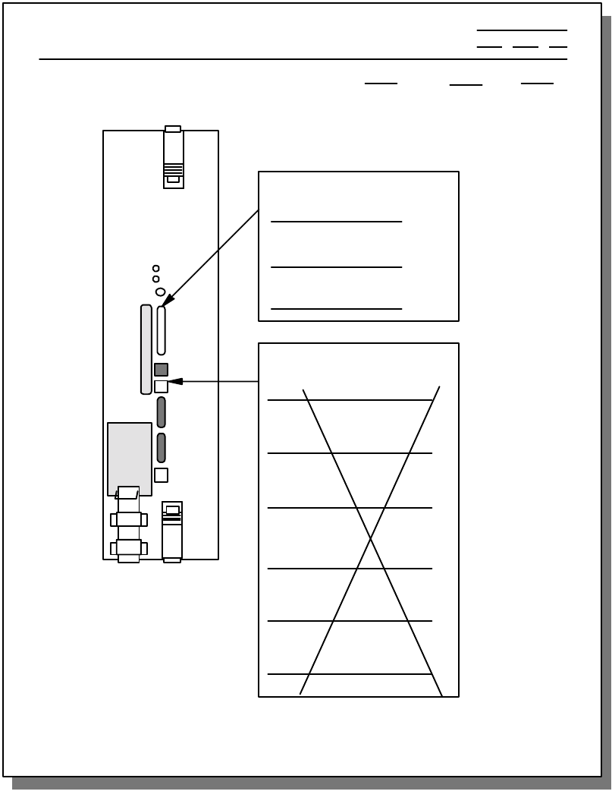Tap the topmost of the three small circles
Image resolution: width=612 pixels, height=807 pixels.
point(156,268)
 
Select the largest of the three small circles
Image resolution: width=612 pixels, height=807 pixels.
point(160,292)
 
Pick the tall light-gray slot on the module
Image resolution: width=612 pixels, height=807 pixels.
point(146,349)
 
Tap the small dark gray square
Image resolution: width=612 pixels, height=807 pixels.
point(161,370)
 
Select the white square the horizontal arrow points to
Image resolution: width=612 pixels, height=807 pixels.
point(161,386)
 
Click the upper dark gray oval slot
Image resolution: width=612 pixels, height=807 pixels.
point(161,411)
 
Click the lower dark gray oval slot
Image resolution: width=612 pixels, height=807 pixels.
point(161,448)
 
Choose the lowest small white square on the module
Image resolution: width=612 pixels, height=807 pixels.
point(161,475)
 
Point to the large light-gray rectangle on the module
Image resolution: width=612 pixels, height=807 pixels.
point(129,456)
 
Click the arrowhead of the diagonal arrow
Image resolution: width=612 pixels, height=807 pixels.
point(168,301)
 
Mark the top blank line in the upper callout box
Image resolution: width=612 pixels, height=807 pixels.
point(336,222)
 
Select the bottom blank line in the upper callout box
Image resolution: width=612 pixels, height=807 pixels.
point(336,309)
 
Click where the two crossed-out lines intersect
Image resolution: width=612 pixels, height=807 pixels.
point(371,538)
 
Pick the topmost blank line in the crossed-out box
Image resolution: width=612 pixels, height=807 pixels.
point(350,400)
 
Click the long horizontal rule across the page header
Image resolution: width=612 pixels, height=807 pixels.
point(303,59)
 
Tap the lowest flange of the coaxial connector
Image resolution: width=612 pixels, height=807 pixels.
point(129,548)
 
